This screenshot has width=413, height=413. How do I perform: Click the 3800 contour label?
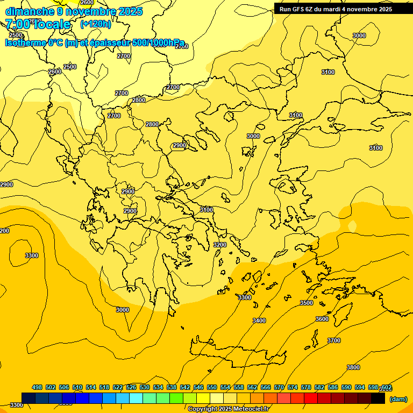pyautogui.click(x=353, y=367)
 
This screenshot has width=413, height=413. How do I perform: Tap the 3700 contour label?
pyautogui.click(x=334, y=340)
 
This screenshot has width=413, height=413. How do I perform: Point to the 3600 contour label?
pyautogui.click(x=322, y=319)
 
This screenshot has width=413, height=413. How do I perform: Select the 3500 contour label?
pyautogui.click(x=306, y=303)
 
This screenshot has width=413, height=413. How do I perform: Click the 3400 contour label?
pyautogui.click(x=259, y=321)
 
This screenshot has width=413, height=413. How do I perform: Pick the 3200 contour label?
pyautogui.click(x=220, y=245)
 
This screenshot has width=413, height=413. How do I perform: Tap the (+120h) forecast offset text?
pyautogui.click(x=95, y=24)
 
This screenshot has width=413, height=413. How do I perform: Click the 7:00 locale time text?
pyautogui.click(x=38, y=24)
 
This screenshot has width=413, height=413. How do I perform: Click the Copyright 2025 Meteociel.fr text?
pyautogui.click(x=228, y=409)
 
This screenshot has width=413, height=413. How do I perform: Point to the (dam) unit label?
pyautogui.click(x=398, y=399)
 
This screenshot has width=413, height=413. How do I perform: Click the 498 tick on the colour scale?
pyautogui.click(x=37, y=387)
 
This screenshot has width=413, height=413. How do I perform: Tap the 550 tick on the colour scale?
pyautogui.click(x=212, y=387)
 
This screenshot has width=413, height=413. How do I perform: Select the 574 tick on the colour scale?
pyautogui.click(x=293, y=387)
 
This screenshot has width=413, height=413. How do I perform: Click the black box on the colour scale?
pyautogui.click(x=378, y=398)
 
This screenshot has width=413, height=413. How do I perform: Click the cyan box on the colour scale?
pyautogui.click(x=136, y=398)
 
